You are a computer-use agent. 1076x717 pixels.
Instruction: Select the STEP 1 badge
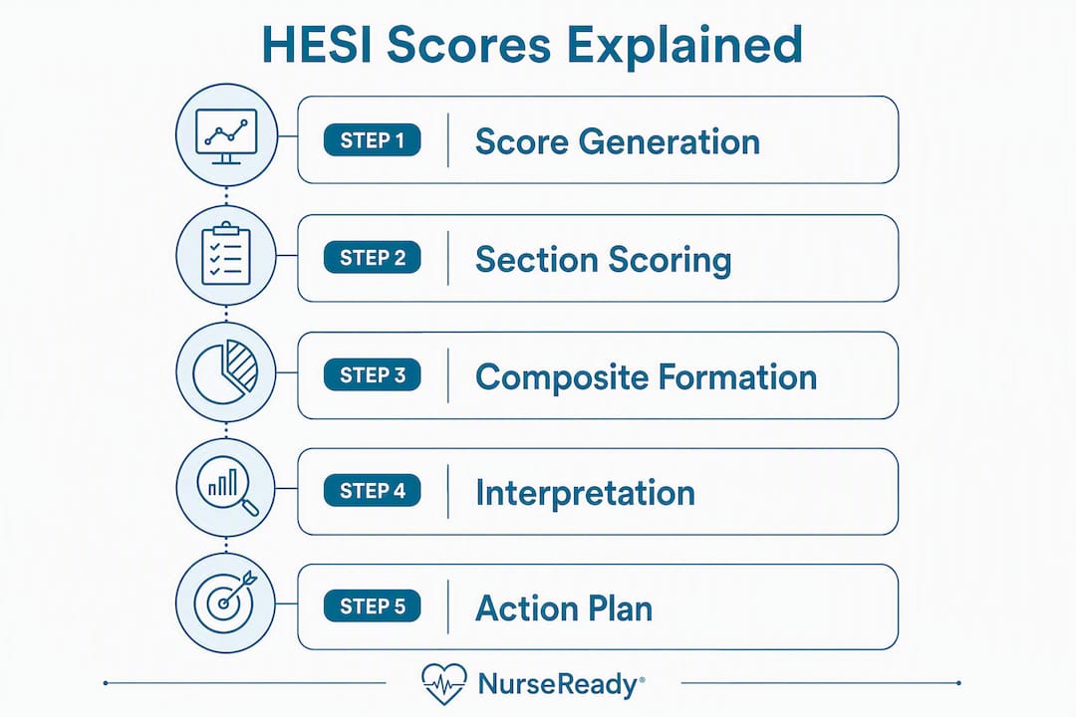click(x=372, y=140)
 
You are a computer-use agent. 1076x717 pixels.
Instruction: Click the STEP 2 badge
click(x=372, y=257)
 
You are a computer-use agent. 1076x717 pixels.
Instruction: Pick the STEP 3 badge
click(x=372, y=374)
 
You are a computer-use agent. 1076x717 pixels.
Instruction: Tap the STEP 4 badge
click(x=372, y=491)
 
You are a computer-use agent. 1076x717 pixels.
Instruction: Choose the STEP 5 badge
click(x=372, y=605)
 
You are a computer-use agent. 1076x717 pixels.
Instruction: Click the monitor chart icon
click(x=226, y=135)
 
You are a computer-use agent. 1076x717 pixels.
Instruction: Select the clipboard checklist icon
click(x=226, y=253)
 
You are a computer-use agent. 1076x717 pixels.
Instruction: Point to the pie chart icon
click(x=226, y=371)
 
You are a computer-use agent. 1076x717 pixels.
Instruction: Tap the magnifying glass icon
click(x=227, y=486)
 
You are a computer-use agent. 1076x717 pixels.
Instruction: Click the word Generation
click(x=670, y=141)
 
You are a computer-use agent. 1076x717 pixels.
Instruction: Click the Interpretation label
click(x=586, y=493)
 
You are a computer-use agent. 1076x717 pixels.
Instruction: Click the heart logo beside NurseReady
click(x=444, y=684)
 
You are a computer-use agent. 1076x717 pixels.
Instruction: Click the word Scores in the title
click(x=468, y=45)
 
